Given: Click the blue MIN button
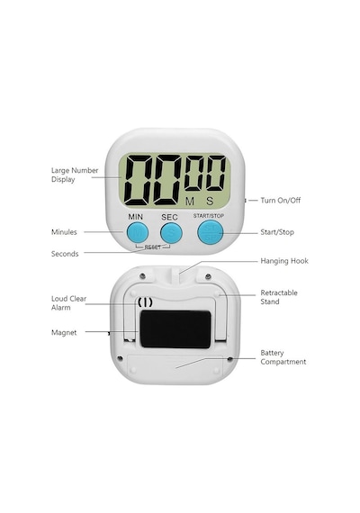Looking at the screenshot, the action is (138, 233).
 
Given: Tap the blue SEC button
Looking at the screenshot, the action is (171, 233).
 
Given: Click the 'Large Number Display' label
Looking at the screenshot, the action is (75, 175).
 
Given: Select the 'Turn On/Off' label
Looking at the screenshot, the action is (281, 200).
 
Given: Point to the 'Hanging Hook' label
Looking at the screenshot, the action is (284, 261).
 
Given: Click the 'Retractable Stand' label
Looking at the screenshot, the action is (279, 297).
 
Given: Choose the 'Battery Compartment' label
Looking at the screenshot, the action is (283, 357).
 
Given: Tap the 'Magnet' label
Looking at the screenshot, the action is (64, 332).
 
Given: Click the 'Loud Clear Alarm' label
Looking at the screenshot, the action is (68, 303).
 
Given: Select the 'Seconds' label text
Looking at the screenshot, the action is (65, 254).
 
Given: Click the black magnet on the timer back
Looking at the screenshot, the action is (175, 329).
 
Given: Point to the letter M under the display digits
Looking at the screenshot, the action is (190, 202).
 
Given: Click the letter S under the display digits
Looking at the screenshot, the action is (210, 202).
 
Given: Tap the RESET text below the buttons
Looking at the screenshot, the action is (153, 247).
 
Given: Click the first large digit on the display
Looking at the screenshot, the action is (139, 180).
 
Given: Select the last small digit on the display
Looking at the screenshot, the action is (216, 173).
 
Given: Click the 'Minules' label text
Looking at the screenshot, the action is (64, 232).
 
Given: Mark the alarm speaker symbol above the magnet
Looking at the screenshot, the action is (145, 302).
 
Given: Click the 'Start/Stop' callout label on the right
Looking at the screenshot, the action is (277, 232).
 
